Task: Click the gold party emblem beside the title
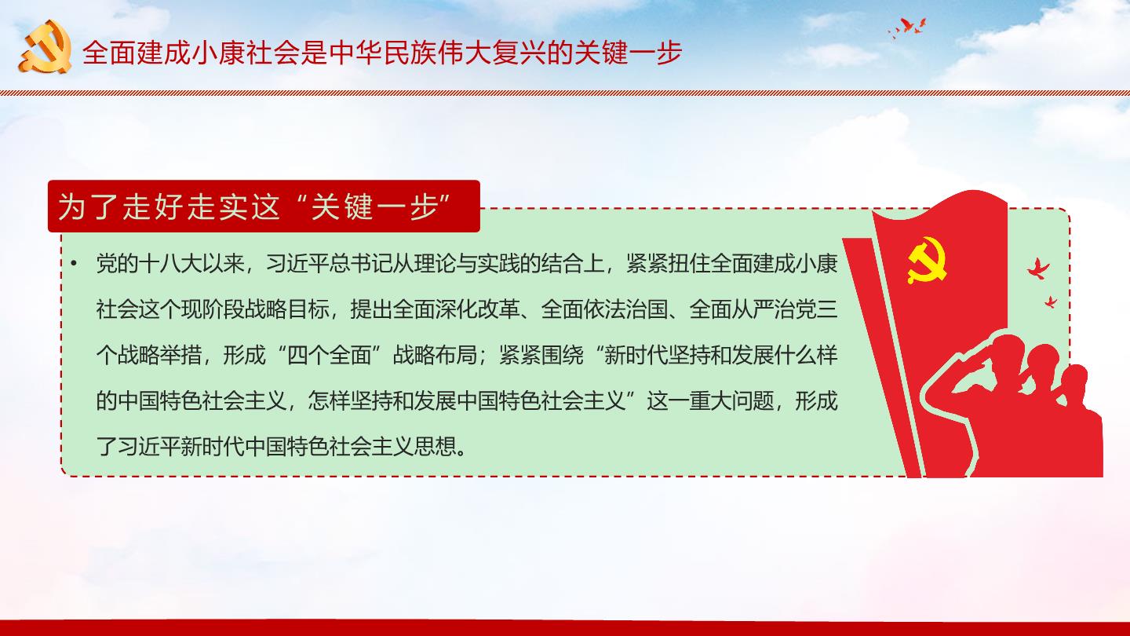tap(46, 46)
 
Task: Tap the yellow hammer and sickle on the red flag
tap(927, 261)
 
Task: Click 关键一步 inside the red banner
tap(374, 207)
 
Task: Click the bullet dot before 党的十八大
tap(74, 264)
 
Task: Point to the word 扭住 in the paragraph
tap(689, 264)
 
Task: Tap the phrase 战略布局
tap(435, 356)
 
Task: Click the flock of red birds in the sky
tap(907, 27)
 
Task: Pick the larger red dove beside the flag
tap(1038, 269)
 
